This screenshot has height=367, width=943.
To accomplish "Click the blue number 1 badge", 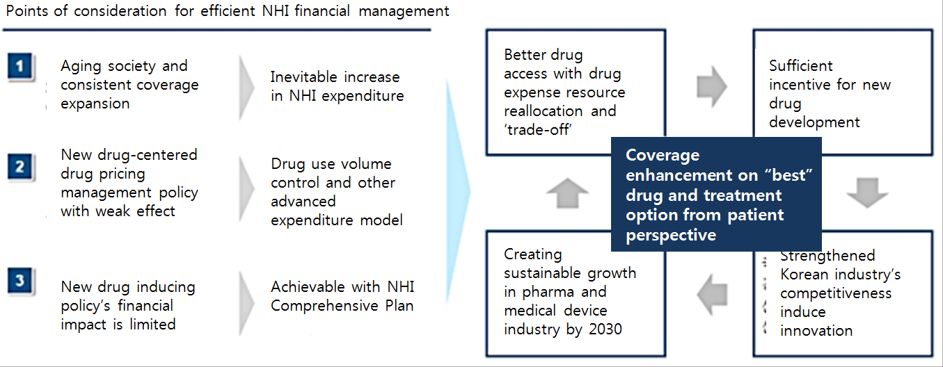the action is [20, 67].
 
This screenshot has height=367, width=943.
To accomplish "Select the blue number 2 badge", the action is [20, 167].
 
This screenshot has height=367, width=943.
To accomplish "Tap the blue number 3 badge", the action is [20, 280].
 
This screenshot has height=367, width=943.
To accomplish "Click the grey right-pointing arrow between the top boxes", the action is [711, 86].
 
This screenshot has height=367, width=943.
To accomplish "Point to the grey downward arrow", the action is [867, 193].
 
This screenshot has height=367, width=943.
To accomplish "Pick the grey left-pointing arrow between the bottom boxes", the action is [712, 294].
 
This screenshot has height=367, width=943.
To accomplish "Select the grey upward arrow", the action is [567, 193].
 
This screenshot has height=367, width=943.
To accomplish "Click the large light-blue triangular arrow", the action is [458, 191].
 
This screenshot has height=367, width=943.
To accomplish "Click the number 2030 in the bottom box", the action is [605, 329].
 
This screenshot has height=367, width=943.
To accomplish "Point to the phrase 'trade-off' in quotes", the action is [538, 129].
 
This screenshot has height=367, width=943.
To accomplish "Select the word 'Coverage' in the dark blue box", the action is [663, 156].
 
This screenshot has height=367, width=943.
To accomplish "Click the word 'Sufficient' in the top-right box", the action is [801, 65].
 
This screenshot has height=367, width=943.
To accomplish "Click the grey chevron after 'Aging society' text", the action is [246, 88].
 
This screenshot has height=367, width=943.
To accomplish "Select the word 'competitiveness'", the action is [836, 293].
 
